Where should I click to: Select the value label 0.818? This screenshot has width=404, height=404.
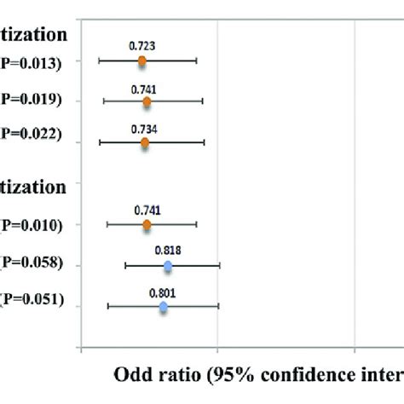point(167,250)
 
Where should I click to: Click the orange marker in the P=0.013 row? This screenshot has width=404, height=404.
point(141,61)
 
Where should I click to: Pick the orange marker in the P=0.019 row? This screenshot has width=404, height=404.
point(147,101)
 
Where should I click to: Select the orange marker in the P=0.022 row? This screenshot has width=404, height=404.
point(144,142)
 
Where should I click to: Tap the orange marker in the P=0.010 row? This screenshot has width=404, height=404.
point(147,225)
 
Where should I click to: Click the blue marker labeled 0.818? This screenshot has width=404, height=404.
point(167,266)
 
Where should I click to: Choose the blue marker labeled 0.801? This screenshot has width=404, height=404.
point(164,306)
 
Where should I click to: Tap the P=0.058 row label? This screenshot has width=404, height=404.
point(32,263)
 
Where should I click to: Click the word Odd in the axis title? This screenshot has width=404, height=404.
point(132,375)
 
